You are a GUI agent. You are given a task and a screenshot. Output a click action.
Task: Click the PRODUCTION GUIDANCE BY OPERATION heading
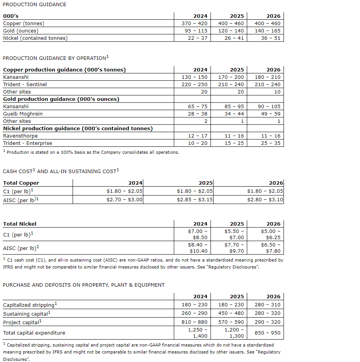click(x=54, y=58)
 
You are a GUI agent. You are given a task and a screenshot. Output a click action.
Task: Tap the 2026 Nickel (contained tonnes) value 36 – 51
click(x=270, y=38)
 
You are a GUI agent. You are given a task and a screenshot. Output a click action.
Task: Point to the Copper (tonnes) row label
click(x=24, y=24)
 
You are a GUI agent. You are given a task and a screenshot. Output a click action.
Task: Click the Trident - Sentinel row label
click(x=25, y=85)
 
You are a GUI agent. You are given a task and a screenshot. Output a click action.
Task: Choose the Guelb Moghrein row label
click(x=23, y=114)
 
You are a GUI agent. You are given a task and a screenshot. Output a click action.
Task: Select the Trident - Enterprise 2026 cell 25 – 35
click(x=270, y=143)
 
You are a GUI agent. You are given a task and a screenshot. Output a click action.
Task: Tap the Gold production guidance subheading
click(x=61, y=99)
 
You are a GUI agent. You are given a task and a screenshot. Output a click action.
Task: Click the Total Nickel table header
click(x=20, y=224)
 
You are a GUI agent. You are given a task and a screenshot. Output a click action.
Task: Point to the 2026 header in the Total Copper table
click(x=276, y=183)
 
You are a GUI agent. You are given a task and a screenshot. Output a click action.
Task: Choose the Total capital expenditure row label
click(x=34, y=333)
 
